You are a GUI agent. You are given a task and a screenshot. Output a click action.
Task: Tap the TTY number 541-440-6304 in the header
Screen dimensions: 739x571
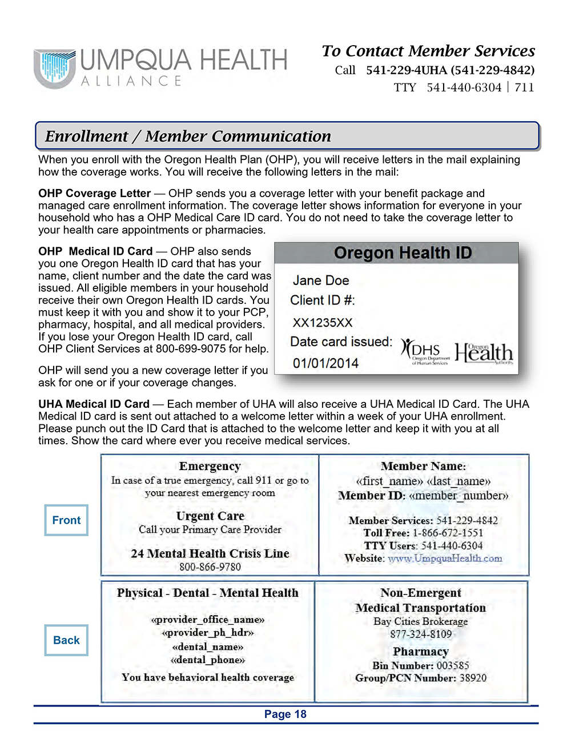(x=464, y=87)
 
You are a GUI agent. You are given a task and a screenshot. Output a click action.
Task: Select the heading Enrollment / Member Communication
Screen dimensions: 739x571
(x=188, y=136)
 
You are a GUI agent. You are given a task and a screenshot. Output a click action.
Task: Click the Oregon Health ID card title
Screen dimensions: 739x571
(x=403, y=252)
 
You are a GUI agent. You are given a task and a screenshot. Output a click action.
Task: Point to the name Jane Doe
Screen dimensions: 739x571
(x=320, y=280)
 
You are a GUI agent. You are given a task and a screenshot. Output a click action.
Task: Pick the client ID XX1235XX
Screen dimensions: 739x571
(x=323, y=323)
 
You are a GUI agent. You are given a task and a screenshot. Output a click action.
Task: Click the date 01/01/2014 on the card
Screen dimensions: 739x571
(x=325, y=363)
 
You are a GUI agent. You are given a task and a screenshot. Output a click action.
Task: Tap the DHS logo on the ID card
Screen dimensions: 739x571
(x=425, y=351)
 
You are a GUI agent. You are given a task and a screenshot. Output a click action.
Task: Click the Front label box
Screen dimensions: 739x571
(x=66, y=520)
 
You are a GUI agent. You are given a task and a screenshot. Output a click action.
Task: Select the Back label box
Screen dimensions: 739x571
(x=66, y=640)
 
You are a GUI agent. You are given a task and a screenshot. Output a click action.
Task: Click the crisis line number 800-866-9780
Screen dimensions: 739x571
(x=210, y=567)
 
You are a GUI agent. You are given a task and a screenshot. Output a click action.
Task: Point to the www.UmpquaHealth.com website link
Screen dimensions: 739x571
(x=445, y=559)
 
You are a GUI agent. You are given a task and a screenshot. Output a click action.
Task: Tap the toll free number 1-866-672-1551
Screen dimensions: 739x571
(x=448, y=533)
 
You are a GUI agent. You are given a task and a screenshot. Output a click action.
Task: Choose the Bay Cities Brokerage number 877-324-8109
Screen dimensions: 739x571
(x=421, y=634)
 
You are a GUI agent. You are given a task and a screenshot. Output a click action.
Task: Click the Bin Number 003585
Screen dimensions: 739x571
(x=453, y=665)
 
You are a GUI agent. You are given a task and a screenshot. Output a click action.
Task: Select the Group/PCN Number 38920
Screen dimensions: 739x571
(x=473, y=678)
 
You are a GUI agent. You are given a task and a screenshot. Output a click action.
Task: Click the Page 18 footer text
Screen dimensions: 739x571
(x=285, y=714)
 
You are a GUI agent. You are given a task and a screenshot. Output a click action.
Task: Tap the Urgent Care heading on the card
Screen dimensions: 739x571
(x=210, y=516)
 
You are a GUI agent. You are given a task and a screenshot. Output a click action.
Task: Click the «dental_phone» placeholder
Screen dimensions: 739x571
(x=208, y=660)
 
